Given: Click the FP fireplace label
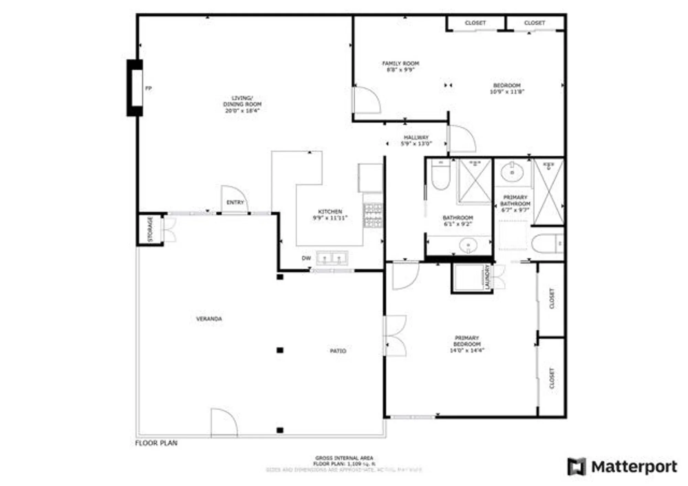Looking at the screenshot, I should point(148,88).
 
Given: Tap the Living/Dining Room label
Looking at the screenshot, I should point(242,104).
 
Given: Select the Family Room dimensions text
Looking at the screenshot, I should point(401,69).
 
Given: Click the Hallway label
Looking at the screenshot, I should point(416,137).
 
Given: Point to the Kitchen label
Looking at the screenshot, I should point(330,212).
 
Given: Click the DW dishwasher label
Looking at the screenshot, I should point(306,258).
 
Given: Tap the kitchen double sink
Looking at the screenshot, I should point(332,258).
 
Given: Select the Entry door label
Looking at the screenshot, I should point(235,202).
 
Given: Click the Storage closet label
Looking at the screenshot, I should point(150,229).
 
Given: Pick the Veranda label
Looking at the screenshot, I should point(209,319).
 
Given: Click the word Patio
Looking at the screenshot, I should point(338,351).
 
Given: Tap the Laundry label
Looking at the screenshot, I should point(487,277).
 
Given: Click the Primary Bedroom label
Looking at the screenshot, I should point(467,341).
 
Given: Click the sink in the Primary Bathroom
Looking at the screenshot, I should point(512,172).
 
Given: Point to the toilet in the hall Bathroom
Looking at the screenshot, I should point(441,175).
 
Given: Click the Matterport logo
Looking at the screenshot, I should point(622,467).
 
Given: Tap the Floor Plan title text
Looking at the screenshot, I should point(156,443).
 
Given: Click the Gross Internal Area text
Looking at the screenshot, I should point(344,458).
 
